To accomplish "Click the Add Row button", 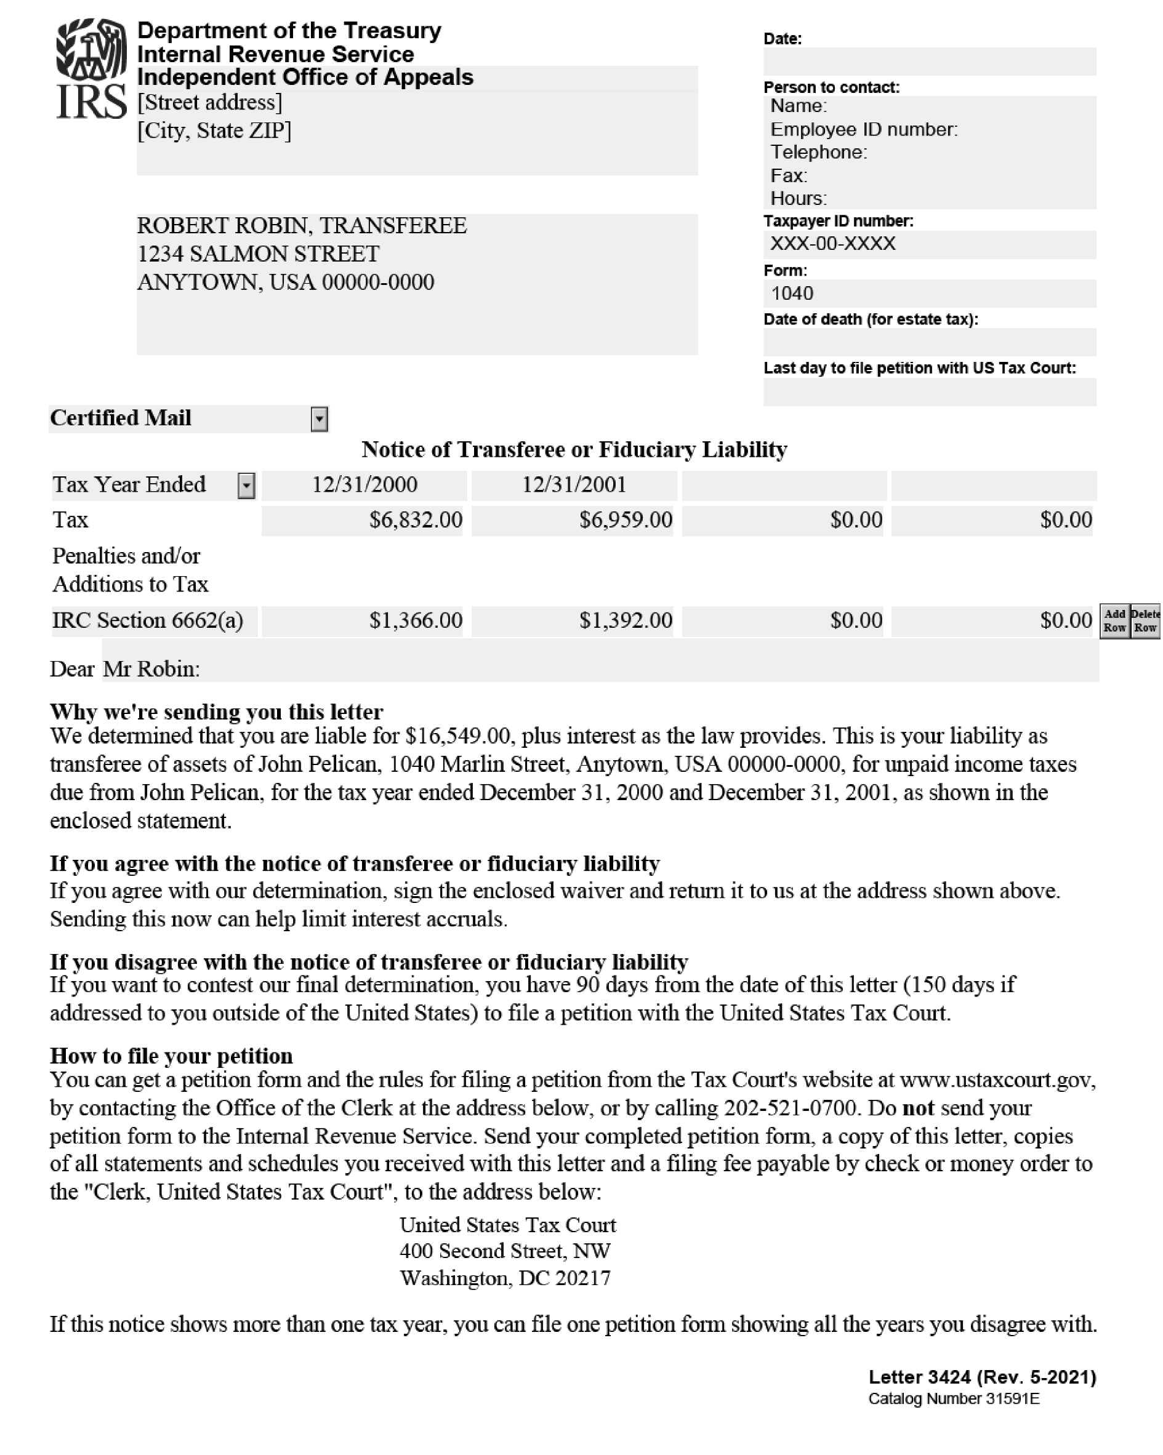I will click(1114, 620).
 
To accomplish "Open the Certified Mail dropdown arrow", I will click(320, 419).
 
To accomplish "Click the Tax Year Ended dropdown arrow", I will click(246, 485).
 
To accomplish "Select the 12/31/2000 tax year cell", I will click(364, 484).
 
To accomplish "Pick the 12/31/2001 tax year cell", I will click(574, 484).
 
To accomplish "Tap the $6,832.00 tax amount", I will click(415, 519).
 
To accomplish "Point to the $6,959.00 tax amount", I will click(625, 519).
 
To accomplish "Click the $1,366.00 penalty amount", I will click(415, 620).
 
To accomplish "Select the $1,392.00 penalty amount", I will click(625, 620).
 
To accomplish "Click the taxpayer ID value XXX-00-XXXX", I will click(833, 244).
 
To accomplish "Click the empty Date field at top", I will click(929, 62).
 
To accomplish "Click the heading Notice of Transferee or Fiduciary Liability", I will click(574, 449).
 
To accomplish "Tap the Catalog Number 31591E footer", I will click(953, 1399).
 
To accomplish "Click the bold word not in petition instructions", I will click(918, 1108).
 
